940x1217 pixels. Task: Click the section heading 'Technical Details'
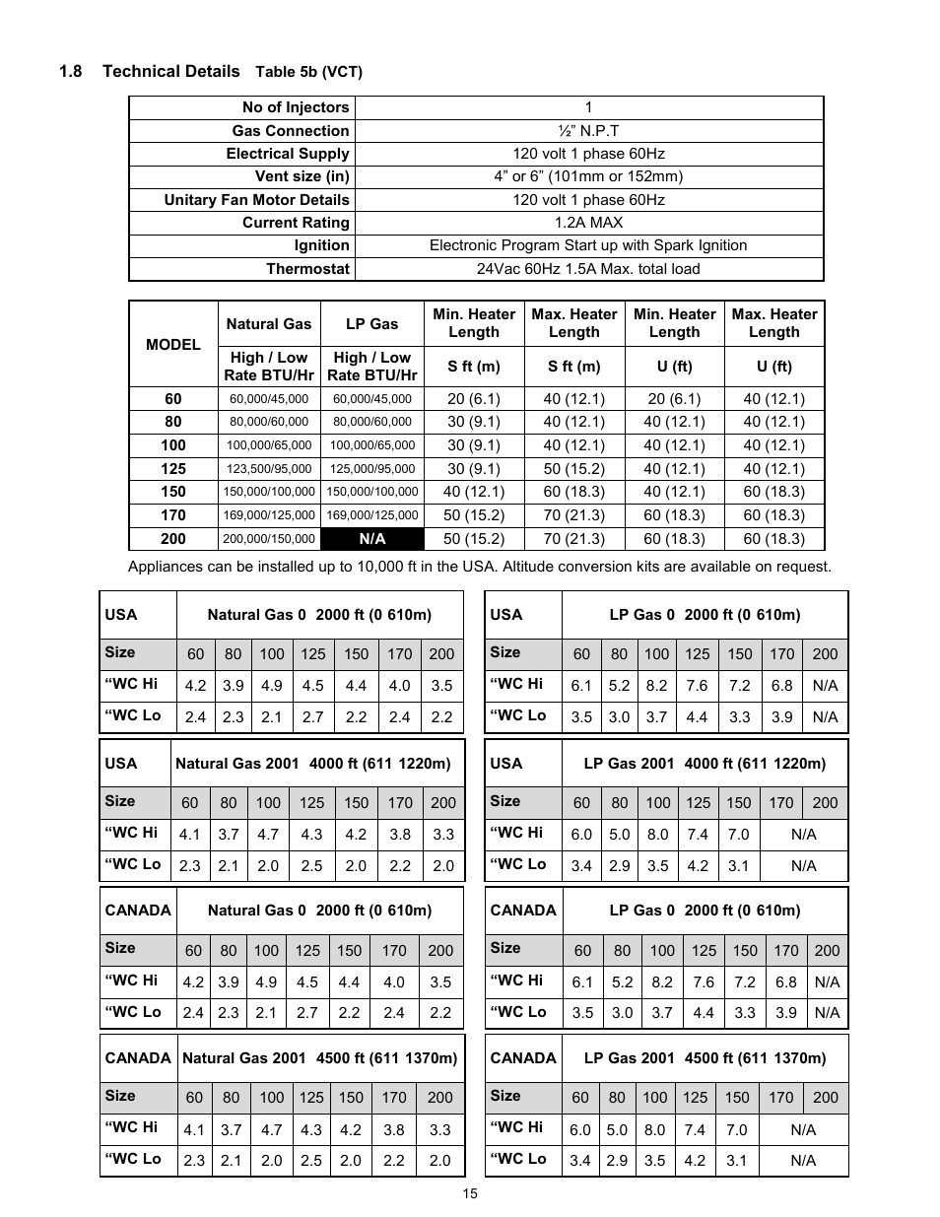(170, 71)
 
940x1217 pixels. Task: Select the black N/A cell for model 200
(372, 539)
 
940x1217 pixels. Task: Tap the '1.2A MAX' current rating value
(588, 223)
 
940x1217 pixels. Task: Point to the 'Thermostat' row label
(307, 269)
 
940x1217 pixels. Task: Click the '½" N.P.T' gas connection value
(588, 131)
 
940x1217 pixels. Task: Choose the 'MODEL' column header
(173, 344)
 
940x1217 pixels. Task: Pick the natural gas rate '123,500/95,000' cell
(269, 469)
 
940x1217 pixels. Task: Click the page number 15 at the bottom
(470, 1193)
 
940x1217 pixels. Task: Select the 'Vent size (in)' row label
(302, 176)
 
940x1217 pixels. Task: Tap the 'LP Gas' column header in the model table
(372, 323)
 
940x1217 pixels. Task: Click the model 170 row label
(173, 514)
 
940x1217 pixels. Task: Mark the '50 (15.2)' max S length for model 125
(573, 469)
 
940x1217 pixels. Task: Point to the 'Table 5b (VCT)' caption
(309, 72)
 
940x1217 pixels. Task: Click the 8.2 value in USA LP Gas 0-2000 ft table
(656, 686)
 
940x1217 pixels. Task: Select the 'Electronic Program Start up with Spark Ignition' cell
(588, 245)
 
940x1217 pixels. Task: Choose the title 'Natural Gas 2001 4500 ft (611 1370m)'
(320, 1058)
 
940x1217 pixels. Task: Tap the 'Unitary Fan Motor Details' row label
(256, 200)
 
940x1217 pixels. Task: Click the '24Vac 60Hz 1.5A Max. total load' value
(588, 269)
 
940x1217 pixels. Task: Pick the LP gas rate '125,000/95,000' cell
(372, 469)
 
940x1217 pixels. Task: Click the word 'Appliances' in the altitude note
(165, 567)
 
